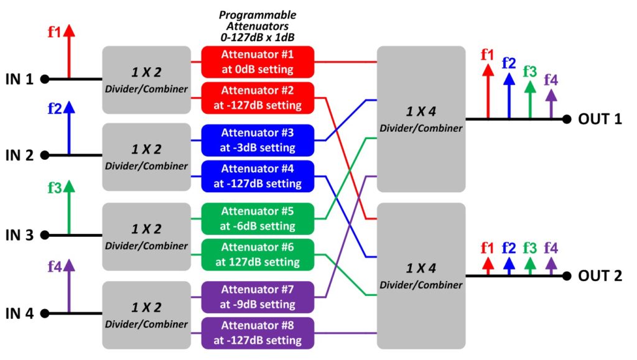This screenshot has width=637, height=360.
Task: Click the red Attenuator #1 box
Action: coord(258,62)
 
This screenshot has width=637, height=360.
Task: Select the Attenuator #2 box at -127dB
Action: coord(258,98)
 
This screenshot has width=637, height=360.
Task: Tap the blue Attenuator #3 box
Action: coord(258,141)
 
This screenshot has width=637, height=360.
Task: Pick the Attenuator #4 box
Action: coord(258,176)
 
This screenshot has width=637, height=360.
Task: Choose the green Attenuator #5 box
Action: coord(258,219)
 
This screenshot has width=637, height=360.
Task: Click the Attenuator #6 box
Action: coord(258,254)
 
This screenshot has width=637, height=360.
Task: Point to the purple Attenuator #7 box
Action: coord(258,297)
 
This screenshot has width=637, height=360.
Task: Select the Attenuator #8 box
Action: coord(258,333)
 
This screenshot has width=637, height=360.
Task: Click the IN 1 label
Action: coord(19,79)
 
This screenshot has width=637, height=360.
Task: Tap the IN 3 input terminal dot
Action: coord(45,235)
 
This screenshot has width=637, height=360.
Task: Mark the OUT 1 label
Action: coord(600,119)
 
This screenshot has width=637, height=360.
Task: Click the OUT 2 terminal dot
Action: coord(567,276)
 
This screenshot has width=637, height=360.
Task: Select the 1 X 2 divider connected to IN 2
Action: coord(146,157)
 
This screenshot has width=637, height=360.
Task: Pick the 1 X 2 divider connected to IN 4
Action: coord(146,315)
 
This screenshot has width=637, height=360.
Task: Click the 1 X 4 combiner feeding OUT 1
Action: coord(421,119)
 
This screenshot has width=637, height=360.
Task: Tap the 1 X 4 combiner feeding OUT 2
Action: coord(421,276)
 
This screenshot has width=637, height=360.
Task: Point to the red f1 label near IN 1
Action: coord(55,32)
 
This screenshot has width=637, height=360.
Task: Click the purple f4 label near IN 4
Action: coord(55,267)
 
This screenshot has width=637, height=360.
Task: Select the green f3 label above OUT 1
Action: coord(530,72)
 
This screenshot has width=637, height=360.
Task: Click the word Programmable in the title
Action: coord(258,16)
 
